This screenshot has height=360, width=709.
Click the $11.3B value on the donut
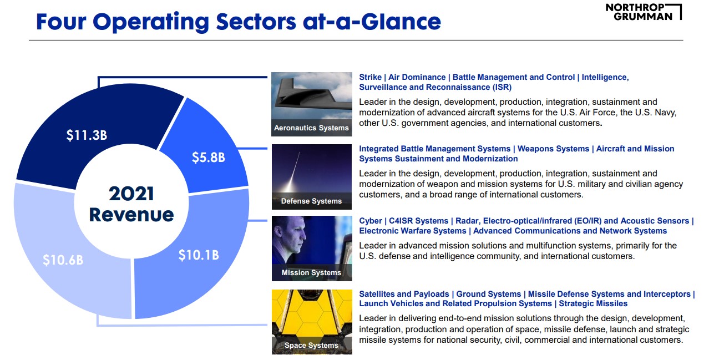pyautogui.click(x=87, y=135)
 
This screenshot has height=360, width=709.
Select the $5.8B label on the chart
pyautogui.click(x=208, y=157)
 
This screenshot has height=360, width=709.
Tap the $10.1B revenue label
pyautogui.click(x=199, y=255)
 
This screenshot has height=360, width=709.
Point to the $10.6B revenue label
pyautogui.click(x=63, y=259)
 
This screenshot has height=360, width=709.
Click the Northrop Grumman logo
pyautogui.click(x=644, y=12)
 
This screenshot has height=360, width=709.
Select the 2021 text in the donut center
pyautogui.click(x=131, y=194)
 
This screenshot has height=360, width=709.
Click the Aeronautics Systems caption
pyautogui.click(x=311, y=128)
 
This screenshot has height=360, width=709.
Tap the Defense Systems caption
pyautogui.click(x=311, y=201)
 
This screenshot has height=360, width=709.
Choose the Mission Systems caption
pyautogui.click(x=311, y=272)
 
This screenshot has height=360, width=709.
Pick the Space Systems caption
pyautogui.click(x=311, y=345)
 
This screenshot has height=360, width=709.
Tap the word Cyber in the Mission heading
pyautogui.click(x=371, y=221)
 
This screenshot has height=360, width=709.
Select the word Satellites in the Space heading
pyautogui.click(x=377, y=294)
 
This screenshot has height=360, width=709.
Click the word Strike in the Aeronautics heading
pyautogui.click(x=371, y=77)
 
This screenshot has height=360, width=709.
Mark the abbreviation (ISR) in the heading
pyautogui.click(x=502, y=87)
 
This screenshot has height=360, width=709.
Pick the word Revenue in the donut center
pyautogui.click(x=131, y=214)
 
